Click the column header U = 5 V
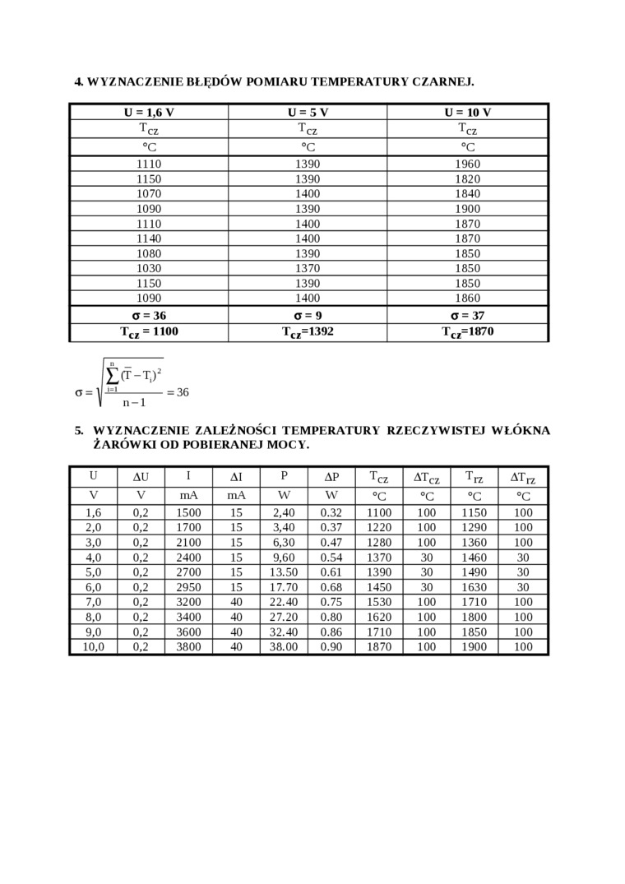pos(308,113)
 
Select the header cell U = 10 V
pos(467,113)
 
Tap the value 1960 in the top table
pos(467,164)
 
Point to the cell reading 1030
pos(149,268)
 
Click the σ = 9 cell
pos(308,316)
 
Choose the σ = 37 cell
pos(467,316)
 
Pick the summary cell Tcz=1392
pos(308,332)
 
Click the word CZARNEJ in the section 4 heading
pos(442,81)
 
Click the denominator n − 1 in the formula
pos(134,403)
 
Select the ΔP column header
pos(331,477)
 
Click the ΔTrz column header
pos(522,477)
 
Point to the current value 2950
pos(188,587)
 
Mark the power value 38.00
pos(284,647)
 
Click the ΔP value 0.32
pos(331,512)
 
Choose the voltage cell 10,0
pos(94,647)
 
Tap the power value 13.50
pos(284,572)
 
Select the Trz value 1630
pos(474,587)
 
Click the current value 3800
pos(188,647)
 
